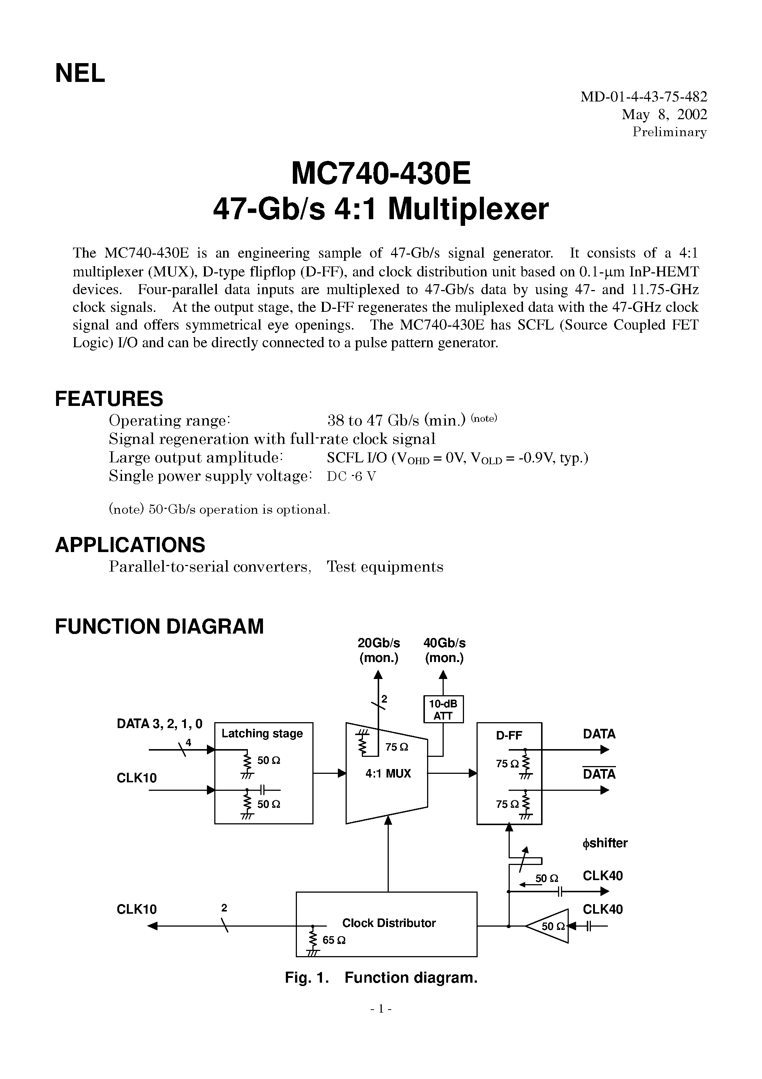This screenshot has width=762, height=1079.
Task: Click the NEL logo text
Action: [80, 74]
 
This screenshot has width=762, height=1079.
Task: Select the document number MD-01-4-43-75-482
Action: [643, 97]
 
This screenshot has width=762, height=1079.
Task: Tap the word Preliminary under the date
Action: [669, 132]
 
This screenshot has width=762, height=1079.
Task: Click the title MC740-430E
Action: [381, 173]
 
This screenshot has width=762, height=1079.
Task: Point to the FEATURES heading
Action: [109, 399]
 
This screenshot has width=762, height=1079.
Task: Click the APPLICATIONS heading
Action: [130, 545]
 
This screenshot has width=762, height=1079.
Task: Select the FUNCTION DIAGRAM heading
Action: [159, 627]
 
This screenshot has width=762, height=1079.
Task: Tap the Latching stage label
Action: [262, 734]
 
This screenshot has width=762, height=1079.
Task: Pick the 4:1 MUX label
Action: [388, 773]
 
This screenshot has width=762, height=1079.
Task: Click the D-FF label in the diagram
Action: [509, 735]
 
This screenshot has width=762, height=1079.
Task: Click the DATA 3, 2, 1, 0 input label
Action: [159, 724]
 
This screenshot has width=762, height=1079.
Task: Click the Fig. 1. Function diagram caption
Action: [381, 978]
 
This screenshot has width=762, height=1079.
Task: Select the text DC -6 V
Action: [351, 476]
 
